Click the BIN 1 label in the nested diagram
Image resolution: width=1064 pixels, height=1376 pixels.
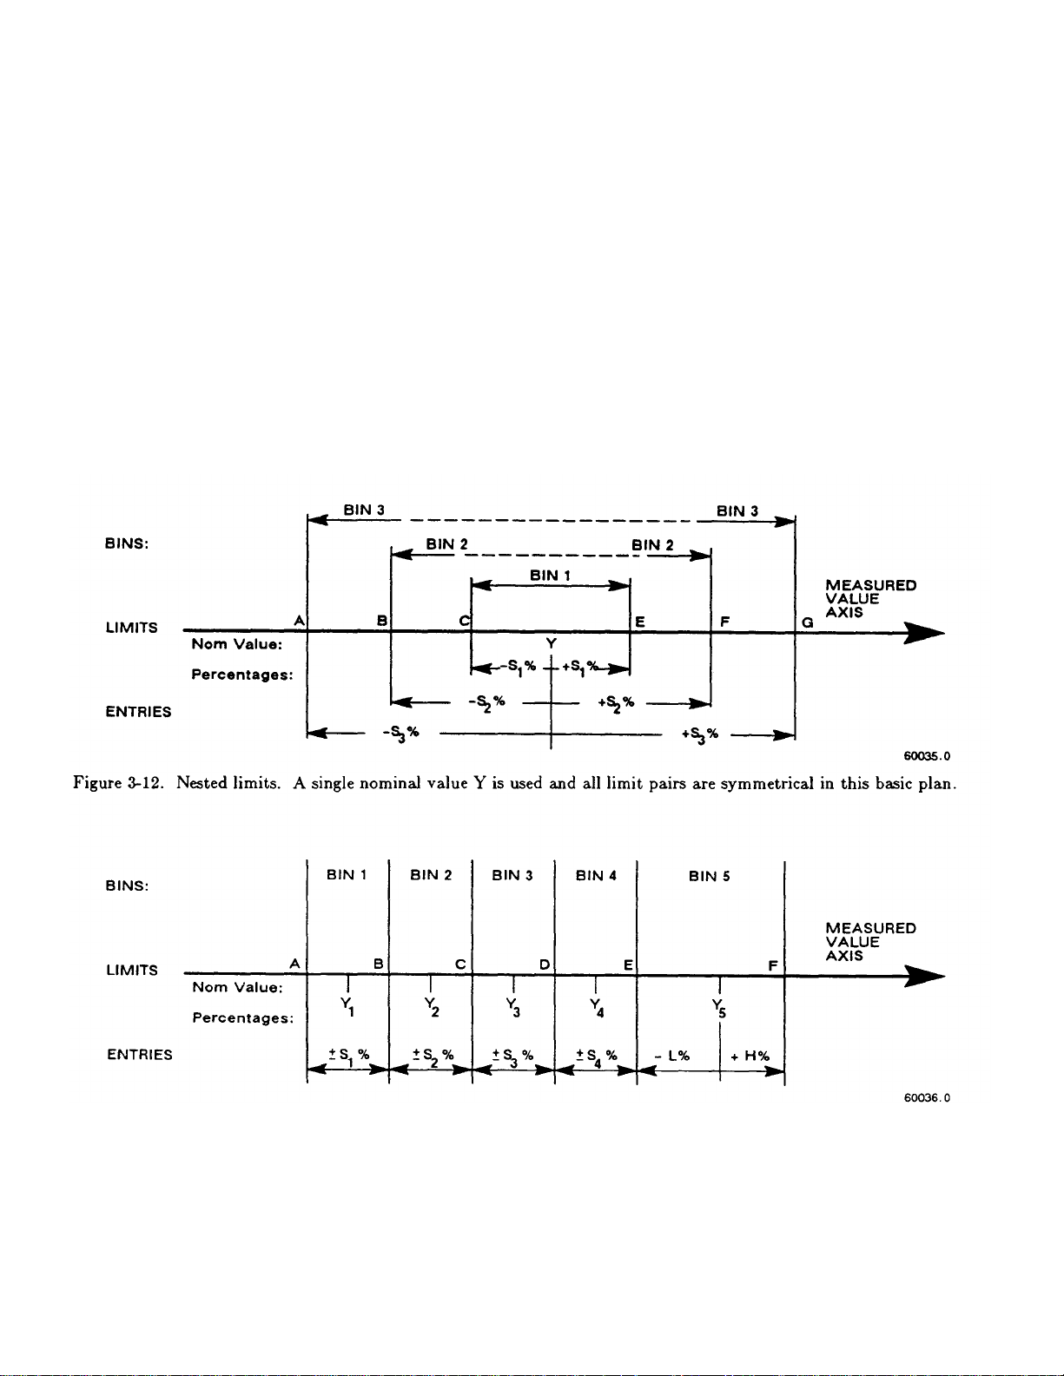click(549, 575)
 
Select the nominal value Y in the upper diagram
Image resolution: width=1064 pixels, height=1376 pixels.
click(551, 643)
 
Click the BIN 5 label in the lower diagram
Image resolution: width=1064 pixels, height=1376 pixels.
click(709, 876)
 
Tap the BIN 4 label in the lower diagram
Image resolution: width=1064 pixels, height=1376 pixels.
click(596, 875)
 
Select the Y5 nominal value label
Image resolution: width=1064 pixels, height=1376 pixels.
click(718, 1008)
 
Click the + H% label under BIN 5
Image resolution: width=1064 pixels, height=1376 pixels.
click(750, 1056)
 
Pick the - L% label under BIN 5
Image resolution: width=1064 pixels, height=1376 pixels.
click(673, 1056)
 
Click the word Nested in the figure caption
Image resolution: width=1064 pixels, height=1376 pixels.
click(202, 783)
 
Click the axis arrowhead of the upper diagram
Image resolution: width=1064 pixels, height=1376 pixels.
click(924, 633)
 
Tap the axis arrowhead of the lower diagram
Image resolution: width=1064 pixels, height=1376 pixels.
click(924, 976)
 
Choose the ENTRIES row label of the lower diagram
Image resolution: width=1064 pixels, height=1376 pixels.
click(139, 1055)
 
